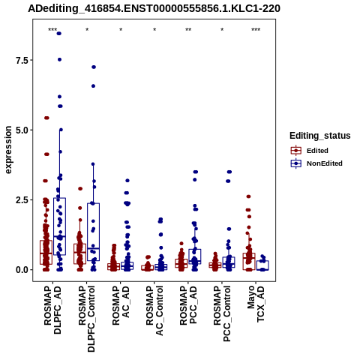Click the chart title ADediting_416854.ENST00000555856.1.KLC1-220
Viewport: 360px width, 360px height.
point(154,9)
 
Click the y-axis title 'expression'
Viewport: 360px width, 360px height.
point(8,150)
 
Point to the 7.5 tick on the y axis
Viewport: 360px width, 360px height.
point(21,60)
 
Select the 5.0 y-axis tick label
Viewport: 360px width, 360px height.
point(21,130)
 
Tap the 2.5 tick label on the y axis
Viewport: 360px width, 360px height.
point(21,200)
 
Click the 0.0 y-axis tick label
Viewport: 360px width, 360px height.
point(21,270)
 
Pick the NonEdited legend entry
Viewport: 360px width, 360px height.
point(316,163)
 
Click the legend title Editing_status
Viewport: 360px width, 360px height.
point(320,136)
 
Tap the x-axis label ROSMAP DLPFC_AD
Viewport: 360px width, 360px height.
point(52,310)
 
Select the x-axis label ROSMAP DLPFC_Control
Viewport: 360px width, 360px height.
point(87,319)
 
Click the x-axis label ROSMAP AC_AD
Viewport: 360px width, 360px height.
point(121,306)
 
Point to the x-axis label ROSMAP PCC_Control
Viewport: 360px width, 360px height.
point(222,313)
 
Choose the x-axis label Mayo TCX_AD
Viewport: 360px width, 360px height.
point(256,304)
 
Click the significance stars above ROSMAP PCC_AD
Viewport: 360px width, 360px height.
point(188,30)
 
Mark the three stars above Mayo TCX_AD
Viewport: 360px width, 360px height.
point(256,30)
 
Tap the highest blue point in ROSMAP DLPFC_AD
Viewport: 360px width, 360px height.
point(59,34)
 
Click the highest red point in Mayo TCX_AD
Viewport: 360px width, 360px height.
point(248,196)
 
